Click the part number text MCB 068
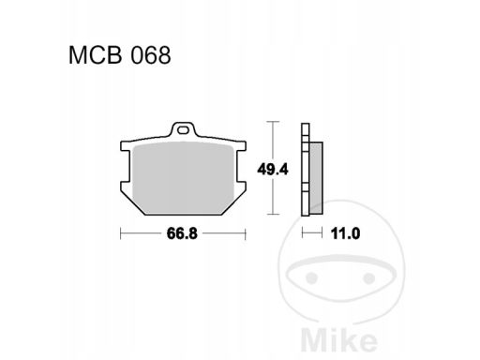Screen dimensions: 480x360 120,55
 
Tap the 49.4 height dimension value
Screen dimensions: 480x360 273,170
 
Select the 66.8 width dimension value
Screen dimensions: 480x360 182,233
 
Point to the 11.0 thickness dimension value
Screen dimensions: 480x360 345,233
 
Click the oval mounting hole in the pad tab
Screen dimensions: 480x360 183,130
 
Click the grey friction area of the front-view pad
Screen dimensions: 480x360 184,178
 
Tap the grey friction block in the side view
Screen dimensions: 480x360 316,178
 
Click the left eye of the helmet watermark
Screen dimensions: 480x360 311,277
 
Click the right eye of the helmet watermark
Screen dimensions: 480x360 369,277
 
